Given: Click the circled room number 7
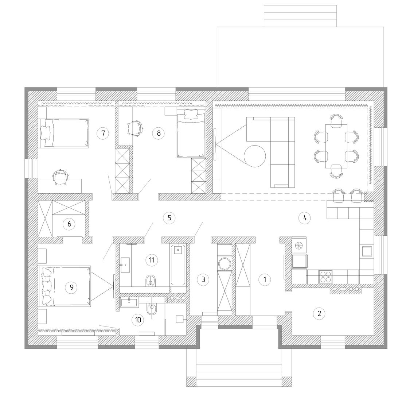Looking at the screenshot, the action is pyautogui.click(x=103, y=133).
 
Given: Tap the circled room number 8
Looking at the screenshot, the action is pyautogui.click(x=159, y=133).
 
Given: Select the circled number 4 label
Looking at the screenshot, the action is pyautogui.click(x=305, y=218).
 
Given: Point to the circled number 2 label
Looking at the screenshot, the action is pyautogui.click(x=319, y=313).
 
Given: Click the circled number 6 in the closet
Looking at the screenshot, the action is pyautogui.click(x=69, y=224).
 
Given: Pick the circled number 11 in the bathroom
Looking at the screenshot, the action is pyautogui.click(x=152, y=260).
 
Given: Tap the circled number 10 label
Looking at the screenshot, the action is pyautogui.click(x=138, y=320).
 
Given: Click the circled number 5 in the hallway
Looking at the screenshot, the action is pyautogui.click(x=169, y=218).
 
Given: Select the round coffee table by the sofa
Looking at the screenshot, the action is pyautogui.click(x=255, y=156).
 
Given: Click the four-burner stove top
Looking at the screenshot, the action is pyautogui.click(x=325, y=277).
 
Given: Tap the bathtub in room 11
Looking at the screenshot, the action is pyautogui.click(x=178, y=265).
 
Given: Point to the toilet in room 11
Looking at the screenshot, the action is pyautogui.click(x=151, y=281).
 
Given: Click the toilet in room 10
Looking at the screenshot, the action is pyautogui.click(x=152, y=308).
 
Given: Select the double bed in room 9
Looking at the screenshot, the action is pyautogui.click(x=65, y=286).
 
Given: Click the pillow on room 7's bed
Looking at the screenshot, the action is pyautogui.click(x=47, y=132).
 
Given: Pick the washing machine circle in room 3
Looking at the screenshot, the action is pyautogui.click(x=225, y=263).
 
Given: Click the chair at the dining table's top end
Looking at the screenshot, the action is pyautogui.click(x=336, y=120).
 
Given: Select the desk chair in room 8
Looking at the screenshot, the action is pyautogui.click(x=134, y=128).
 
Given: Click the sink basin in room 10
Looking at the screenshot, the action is pyautogui.click(x=129, y=302).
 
